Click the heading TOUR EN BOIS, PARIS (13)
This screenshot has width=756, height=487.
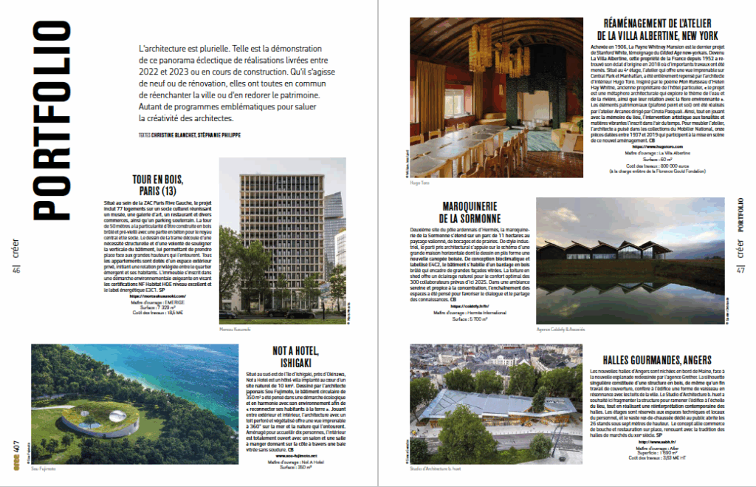157,185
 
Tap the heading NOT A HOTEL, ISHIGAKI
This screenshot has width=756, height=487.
275,357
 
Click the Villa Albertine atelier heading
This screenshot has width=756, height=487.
656,29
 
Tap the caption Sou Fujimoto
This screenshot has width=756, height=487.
44,468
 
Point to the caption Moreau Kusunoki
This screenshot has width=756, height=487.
235,328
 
